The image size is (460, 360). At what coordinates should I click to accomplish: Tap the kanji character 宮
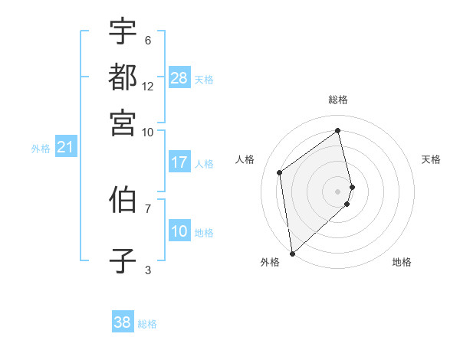pos(123,122)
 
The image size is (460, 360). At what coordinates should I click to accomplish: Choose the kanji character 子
pos(123,260)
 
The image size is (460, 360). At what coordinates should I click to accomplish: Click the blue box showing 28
pos(179,78)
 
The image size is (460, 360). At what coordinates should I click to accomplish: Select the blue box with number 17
pos(179,162)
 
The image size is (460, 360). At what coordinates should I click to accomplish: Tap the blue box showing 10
pos(179,231)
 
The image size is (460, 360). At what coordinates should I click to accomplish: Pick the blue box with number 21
pos(64,147)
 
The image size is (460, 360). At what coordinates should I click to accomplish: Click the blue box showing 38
pos(122,322)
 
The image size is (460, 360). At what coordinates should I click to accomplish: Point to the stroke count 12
pos(148,86)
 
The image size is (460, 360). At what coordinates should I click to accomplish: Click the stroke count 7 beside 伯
pos(148,208)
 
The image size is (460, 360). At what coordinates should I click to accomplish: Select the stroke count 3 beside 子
pos(148,269)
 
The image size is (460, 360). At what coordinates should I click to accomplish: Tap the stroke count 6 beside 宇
pos(148,40)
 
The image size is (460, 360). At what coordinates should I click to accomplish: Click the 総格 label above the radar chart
pos(338,100)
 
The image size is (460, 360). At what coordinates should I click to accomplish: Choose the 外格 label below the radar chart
pos(270,262)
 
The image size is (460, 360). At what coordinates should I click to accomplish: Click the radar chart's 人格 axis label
pos(245,159)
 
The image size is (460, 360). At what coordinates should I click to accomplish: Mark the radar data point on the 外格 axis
pos(292,254)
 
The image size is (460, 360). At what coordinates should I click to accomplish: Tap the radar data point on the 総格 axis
pos(338,130)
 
